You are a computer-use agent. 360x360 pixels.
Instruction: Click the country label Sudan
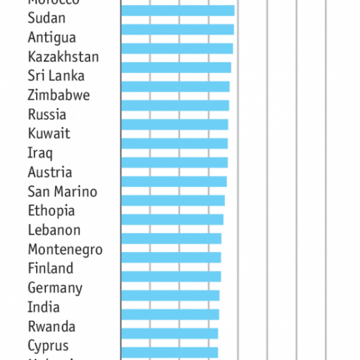[x=46, y=18]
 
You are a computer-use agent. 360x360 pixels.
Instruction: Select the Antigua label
[x=52, y=37]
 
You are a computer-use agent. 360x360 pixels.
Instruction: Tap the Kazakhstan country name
[x=63, y=57]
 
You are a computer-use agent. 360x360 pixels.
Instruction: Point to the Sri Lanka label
[x=56, y=76]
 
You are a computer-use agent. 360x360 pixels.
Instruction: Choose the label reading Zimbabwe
[x=59, y=95]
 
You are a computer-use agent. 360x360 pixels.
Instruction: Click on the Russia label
[x=47, y=114]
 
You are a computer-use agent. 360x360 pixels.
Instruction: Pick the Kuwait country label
[x=49, y=133]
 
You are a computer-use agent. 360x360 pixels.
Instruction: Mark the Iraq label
[x=40, y=152]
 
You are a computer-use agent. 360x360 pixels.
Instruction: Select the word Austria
[x=50, y=172]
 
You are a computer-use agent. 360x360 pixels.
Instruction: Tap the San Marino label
[x=62, y=191]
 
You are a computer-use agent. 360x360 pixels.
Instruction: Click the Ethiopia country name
[x=51, y=211]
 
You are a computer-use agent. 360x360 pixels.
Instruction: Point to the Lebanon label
[x=54, y=230]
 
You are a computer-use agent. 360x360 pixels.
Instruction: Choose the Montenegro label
[x=65, y=249]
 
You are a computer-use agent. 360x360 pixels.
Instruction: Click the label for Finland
[x=50, y=268]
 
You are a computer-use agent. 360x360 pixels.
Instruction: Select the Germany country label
[x=55, y=288]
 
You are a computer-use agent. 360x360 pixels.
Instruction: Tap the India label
[x=44, y=307]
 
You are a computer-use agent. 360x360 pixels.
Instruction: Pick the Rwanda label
[x=52, y=326]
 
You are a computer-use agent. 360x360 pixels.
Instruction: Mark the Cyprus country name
[x=48, y=346]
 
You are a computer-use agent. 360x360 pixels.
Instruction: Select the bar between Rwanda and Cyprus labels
[x=169, y=333]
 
